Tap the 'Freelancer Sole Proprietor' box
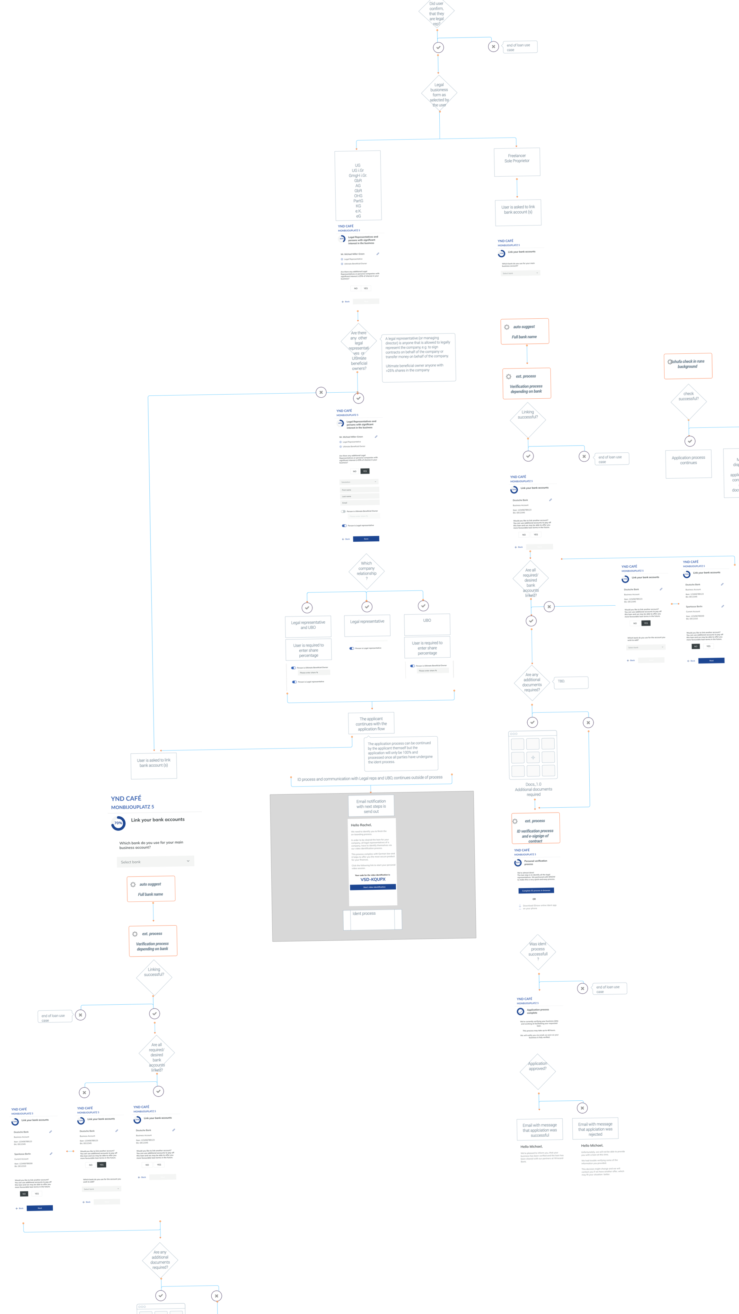click(x=517, y=161)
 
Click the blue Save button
click(x=366, y=539)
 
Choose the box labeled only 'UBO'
click(x=427, y=623)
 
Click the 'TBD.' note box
click(x=571, y=682)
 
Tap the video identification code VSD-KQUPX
click(x=373, y=879)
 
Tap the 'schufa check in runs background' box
click(x=688, y=366)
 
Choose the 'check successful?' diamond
click(x=689, y=400)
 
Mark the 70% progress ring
click(x=118, y=823)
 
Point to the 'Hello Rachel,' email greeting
click(x=361, y=825)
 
